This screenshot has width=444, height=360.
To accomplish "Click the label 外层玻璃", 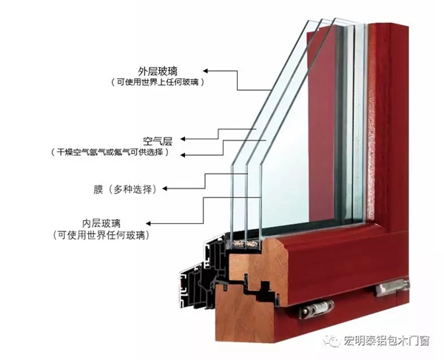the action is tap(158, 71).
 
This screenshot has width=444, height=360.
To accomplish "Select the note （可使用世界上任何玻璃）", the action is tap(158, 82).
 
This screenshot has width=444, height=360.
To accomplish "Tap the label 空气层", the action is tap(158, 140).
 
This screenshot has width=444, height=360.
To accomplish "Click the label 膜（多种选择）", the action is tap(126, 189).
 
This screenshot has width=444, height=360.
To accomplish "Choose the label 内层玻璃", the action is tap(101, 223).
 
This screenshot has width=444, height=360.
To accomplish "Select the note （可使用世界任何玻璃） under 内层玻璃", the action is tap(101, 235).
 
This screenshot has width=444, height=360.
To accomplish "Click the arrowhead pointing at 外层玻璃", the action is tap(206, 71).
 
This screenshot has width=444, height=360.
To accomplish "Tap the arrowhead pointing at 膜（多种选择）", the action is tap(164, 189).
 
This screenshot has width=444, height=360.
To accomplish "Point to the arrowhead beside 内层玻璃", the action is tap(149, 224).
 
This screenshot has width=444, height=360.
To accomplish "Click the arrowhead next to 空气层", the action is tap(183, 139).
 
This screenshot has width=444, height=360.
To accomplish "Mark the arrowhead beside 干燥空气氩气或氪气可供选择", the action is tap(183, 155).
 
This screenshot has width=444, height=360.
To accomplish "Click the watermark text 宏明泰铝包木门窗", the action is tap(386, 341).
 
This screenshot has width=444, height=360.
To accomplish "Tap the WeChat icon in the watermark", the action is tap(332, 341).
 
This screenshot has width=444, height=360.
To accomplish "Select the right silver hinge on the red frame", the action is tap(393, 287).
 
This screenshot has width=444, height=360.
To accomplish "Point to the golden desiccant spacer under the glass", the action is tap(244, 244).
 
